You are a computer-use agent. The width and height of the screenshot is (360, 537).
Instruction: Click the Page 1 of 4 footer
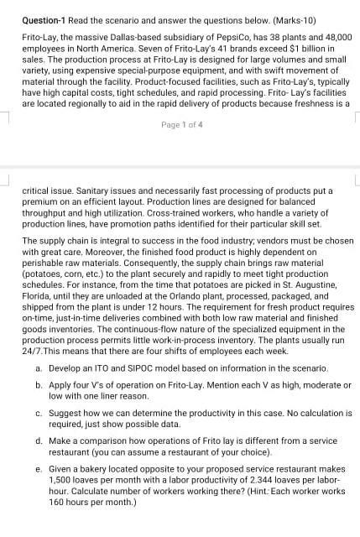180,126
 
